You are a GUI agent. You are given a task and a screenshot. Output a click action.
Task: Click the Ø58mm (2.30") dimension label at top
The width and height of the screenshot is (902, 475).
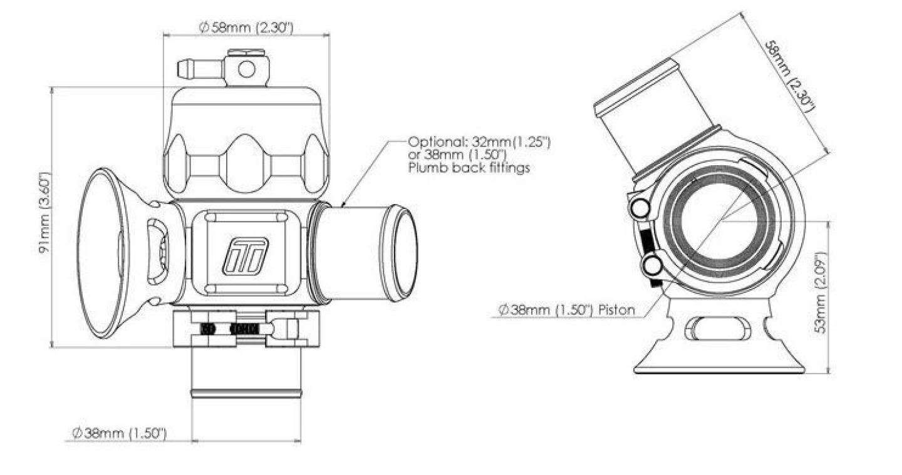pos(246,28)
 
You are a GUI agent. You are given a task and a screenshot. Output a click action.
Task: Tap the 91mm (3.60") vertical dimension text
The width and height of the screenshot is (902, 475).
pos(43,216)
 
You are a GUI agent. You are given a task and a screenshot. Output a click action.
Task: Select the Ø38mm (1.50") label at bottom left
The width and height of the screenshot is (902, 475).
pos(119,433)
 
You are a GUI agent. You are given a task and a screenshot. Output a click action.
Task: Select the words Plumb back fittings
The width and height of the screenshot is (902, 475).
pos(469,168)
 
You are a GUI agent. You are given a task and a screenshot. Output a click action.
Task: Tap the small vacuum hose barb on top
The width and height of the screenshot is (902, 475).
pos(199,68)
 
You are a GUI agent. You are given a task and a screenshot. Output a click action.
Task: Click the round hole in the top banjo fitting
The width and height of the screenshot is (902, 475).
pos(247,69)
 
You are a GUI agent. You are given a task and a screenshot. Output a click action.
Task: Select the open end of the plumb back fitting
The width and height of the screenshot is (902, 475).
pos(403,252)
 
